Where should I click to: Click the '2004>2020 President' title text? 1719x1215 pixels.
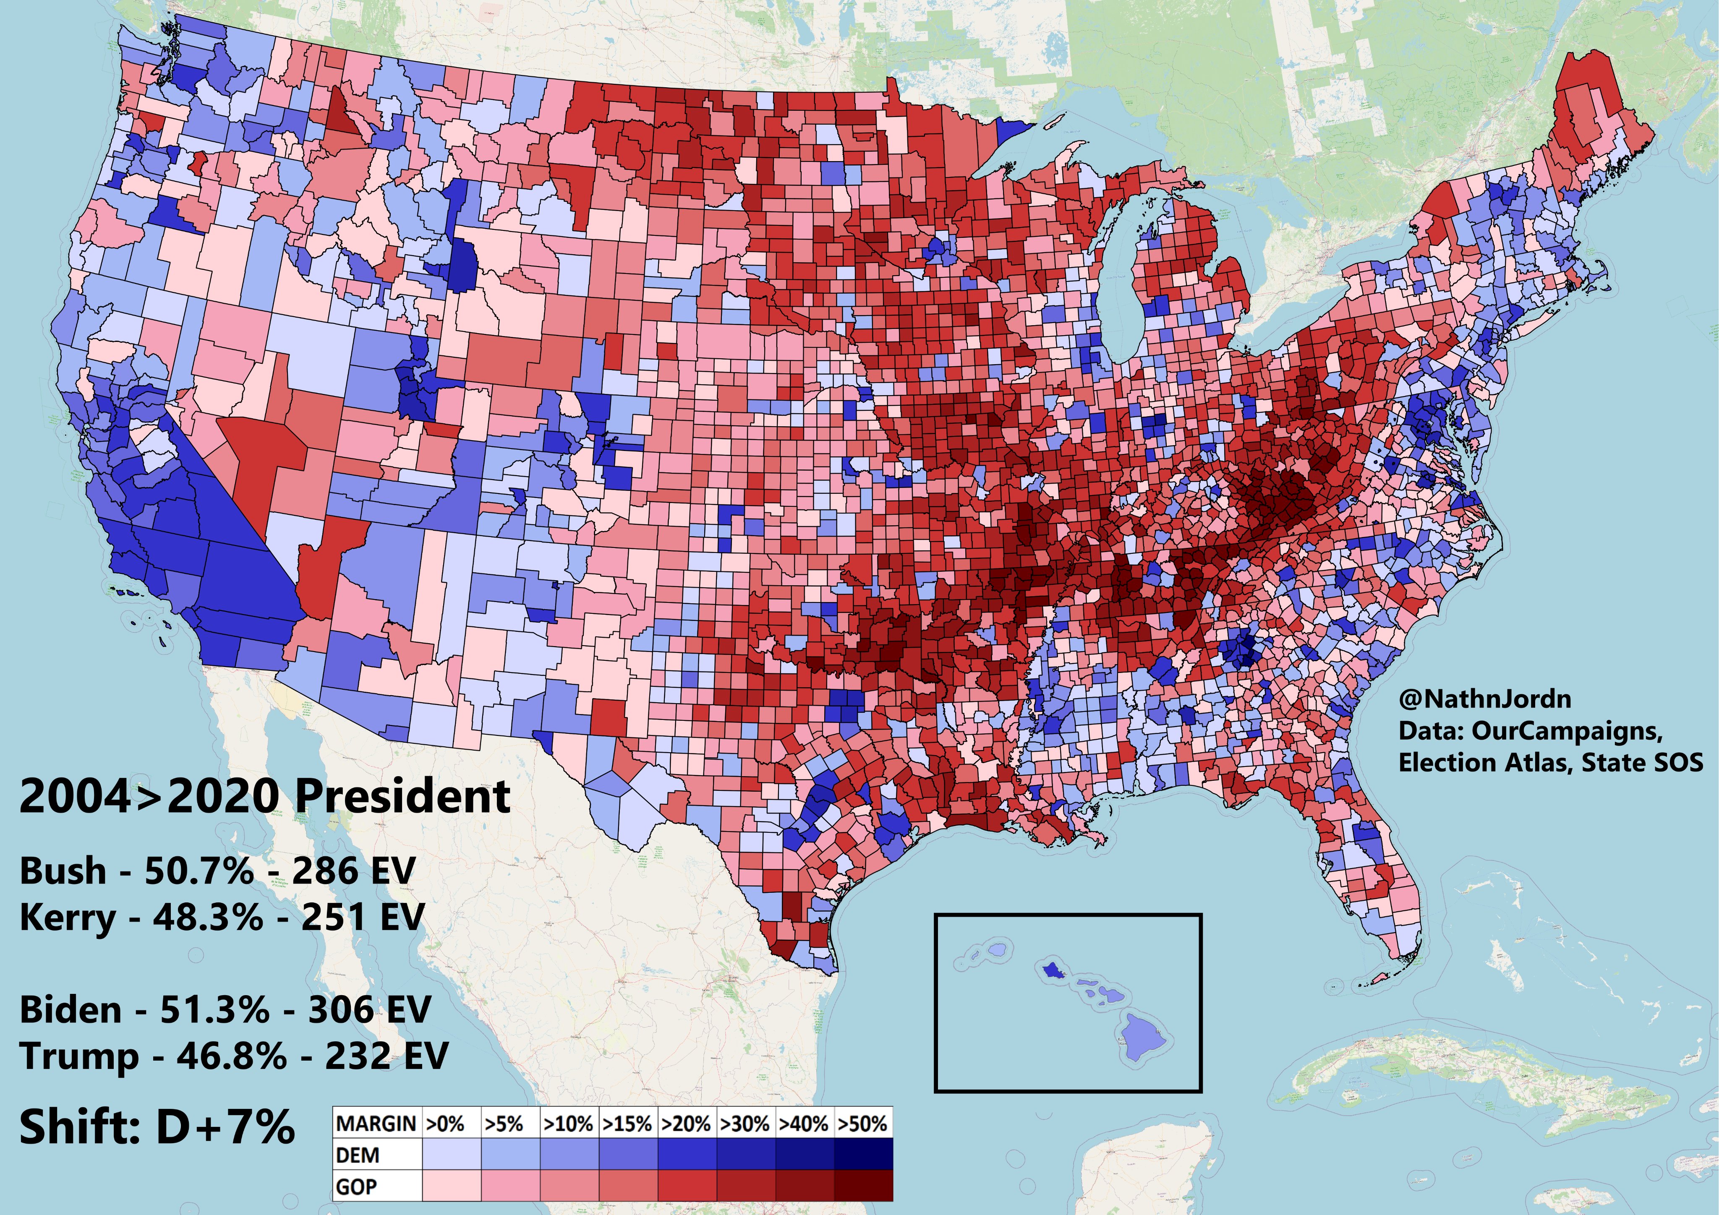point(264,796)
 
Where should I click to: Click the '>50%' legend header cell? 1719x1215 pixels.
point(862,1124)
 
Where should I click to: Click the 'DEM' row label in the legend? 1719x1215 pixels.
point(358,1155)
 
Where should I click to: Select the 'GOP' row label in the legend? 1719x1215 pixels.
point(356,1186)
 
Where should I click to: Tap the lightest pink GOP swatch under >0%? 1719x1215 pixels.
point(451,1186)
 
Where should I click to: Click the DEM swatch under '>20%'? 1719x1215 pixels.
point(687,1155)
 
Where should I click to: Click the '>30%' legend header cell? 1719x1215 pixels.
point(745,1124)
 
